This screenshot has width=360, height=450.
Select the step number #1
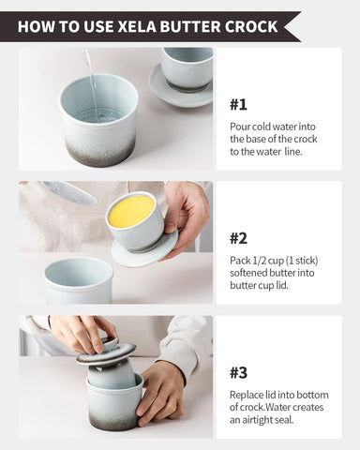click(240, 104)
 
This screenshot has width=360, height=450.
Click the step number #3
click(240, 371)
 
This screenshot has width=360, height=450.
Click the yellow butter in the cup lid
click(131, 211)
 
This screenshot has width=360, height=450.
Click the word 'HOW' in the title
click(37, 25)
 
